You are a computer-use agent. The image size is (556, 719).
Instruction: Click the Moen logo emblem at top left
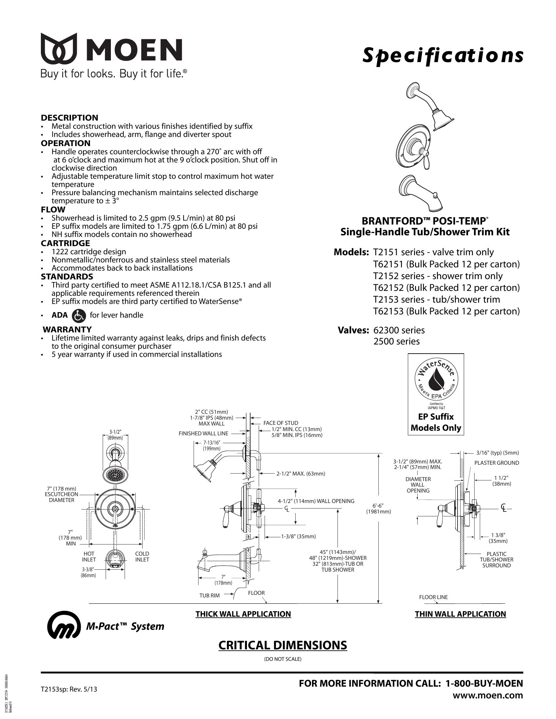(x=59, y=48)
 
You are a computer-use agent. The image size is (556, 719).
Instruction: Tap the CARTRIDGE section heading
(x=65, y=243)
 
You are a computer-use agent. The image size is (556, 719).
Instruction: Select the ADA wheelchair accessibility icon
(x=79, y=315)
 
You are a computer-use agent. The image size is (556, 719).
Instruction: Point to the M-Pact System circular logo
(x=64, y=626)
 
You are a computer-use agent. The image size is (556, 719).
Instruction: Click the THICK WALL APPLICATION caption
(x=243, y=614)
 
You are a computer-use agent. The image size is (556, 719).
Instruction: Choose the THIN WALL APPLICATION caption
(x=460, y=614)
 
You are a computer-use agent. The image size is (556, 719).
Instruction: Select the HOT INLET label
(x=89, y=556)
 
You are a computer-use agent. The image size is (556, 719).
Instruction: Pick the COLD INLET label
(x=142, y=556)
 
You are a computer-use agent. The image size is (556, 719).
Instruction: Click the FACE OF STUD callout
(x=281, y=423)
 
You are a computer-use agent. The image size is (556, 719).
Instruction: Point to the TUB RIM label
(x=209, y=595)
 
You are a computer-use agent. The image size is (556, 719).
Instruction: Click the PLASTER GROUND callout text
(x=496, y=463)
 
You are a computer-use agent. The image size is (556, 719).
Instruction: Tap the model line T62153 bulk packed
(x=446, y=311)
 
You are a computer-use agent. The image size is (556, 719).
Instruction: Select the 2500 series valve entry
(x=396, y=342)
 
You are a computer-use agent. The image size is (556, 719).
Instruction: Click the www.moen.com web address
(x=488, y=695)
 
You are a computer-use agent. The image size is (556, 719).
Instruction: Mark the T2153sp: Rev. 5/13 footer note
(x=69, y=689)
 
